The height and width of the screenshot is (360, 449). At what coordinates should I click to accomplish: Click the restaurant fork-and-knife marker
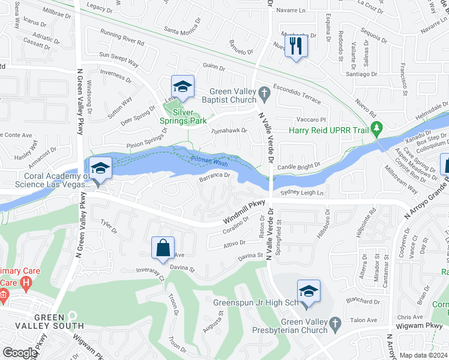click(295, 46)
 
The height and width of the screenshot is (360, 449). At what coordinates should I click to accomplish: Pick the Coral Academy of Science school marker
click(100, 169)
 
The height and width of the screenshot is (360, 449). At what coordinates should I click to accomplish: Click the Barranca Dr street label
click(215, 176)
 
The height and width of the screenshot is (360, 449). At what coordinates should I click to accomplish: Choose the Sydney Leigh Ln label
click(303, 193)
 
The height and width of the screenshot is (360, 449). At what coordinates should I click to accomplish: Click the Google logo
click(19, 353)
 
